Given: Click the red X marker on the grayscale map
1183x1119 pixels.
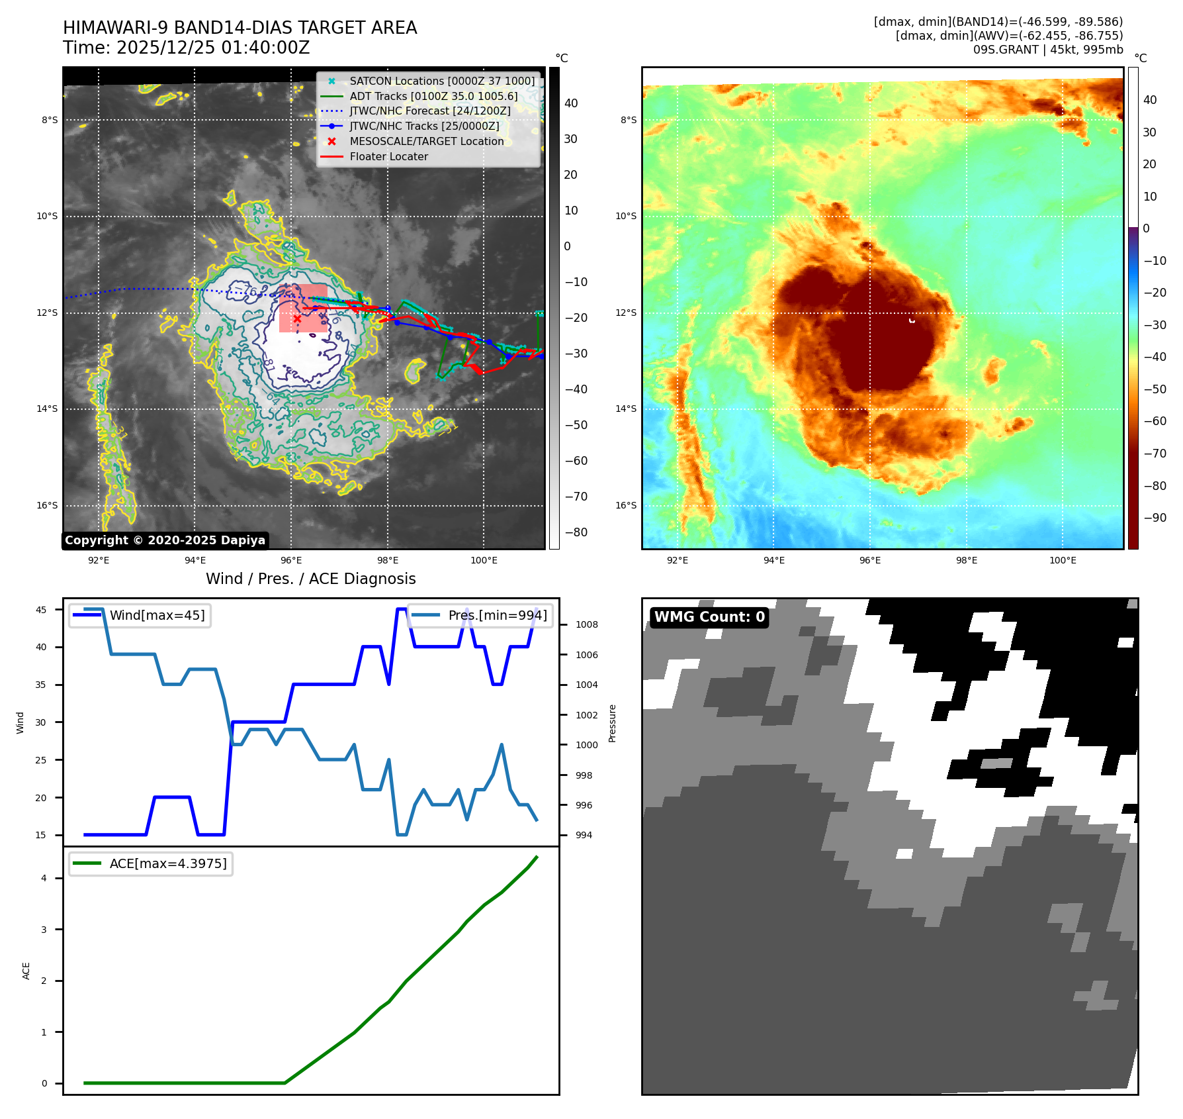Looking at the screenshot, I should (x=297, y=319).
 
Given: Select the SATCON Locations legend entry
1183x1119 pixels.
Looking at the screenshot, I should (x=441, y=81).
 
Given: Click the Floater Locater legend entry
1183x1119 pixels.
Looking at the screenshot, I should (x=388, y=156).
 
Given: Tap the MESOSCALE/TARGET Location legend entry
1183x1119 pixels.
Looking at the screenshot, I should (x=426, y=141).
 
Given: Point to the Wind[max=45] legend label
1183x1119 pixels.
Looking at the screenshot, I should (x=157, y=615).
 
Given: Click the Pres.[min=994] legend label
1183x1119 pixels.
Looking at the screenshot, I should (x=498, y=615).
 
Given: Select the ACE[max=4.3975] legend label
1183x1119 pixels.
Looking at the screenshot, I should (x=168, y=863).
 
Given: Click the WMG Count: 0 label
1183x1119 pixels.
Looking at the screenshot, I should (x=709, y=617).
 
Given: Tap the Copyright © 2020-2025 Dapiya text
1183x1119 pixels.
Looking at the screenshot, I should (x=165, y=540).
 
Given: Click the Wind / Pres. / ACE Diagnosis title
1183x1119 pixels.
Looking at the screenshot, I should (x=311, y=579).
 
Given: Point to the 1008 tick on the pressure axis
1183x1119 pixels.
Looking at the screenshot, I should (x=586, y=624).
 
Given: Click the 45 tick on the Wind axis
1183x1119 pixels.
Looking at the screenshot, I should (x=41, y=610).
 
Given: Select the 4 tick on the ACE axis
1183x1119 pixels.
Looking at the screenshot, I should (x=44, y=878).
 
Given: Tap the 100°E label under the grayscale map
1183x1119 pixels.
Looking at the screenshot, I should (x=484, y=560).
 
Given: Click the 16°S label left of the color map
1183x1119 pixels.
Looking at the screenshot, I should (x=626, y=505).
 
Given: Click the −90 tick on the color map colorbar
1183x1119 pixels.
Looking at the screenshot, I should (x=1155, y=518).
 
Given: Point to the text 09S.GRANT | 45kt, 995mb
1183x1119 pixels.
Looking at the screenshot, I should (x=1048, y=50).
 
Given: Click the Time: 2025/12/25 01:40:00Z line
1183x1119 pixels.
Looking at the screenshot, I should (x=186, y=48).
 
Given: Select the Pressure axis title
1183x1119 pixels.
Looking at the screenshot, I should (x=612, y=723).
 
